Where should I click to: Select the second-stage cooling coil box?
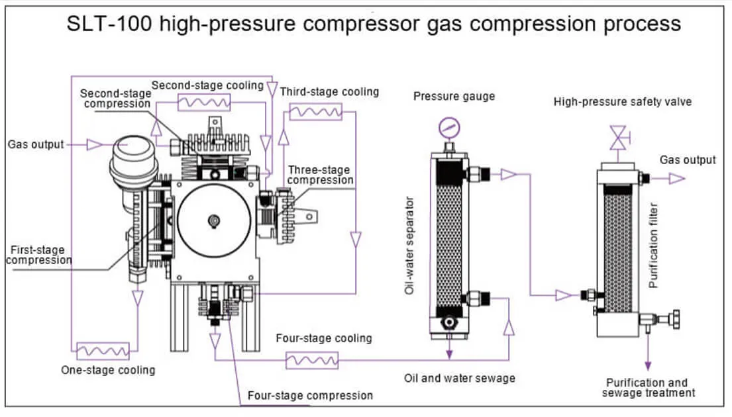204,103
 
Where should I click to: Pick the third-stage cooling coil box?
315,112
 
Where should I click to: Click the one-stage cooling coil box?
103,351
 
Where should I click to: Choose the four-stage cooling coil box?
311,360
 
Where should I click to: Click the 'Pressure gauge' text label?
454,97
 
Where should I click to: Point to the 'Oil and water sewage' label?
459,379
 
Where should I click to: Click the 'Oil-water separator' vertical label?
409,245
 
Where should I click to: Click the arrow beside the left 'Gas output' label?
95,144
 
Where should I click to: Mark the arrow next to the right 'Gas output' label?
676,178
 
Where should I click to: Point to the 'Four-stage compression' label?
310,396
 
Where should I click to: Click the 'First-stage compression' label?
38,255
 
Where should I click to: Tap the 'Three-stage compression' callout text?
321,175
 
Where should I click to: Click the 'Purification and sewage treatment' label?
648,388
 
